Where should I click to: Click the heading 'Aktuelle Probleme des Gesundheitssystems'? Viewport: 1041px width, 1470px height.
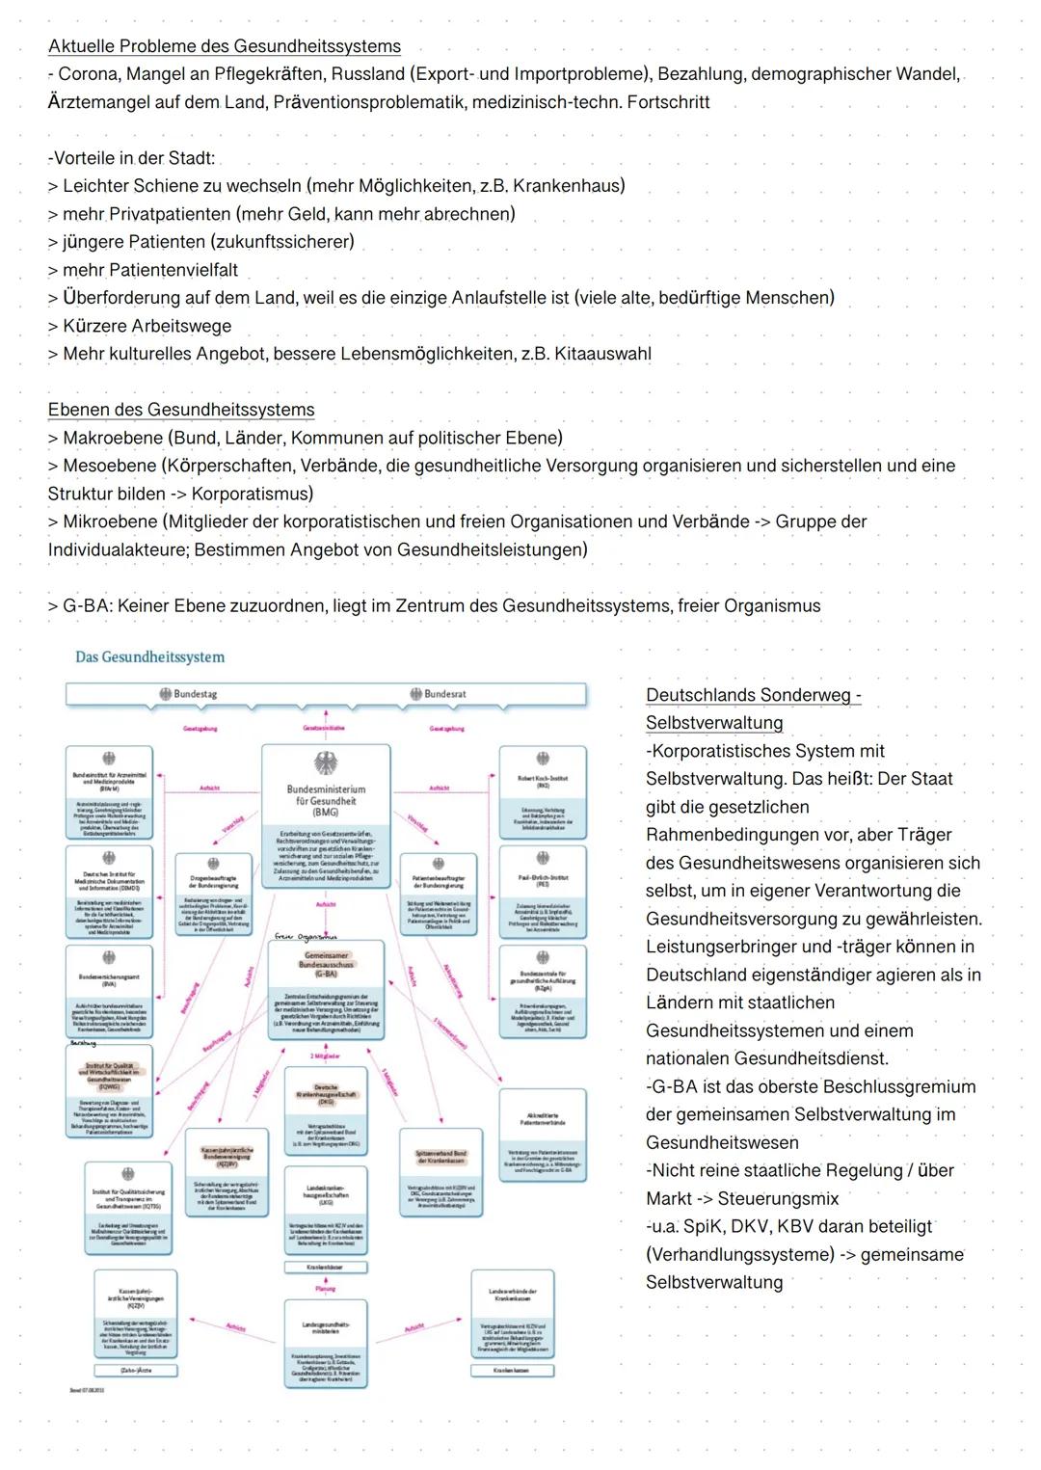point(225,46)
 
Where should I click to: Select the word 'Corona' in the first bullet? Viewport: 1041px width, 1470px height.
point(89,74)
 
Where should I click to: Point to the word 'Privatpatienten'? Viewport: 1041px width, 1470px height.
point(170,214)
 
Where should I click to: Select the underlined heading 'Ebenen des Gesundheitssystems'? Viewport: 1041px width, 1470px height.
point(181,410)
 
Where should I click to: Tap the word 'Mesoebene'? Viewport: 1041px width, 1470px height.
point(109,466)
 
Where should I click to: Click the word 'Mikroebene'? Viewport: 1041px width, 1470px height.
point(110,521)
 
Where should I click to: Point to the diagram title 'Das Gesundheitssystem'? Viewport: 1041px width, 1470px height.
point(149,657)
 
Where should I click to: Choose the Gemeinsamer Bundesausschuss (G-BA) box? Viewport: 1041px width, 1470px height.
point(326,988)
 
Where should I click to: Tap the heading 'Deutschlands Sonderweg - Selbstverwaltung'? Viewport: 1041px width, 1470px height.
point(752,708)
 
